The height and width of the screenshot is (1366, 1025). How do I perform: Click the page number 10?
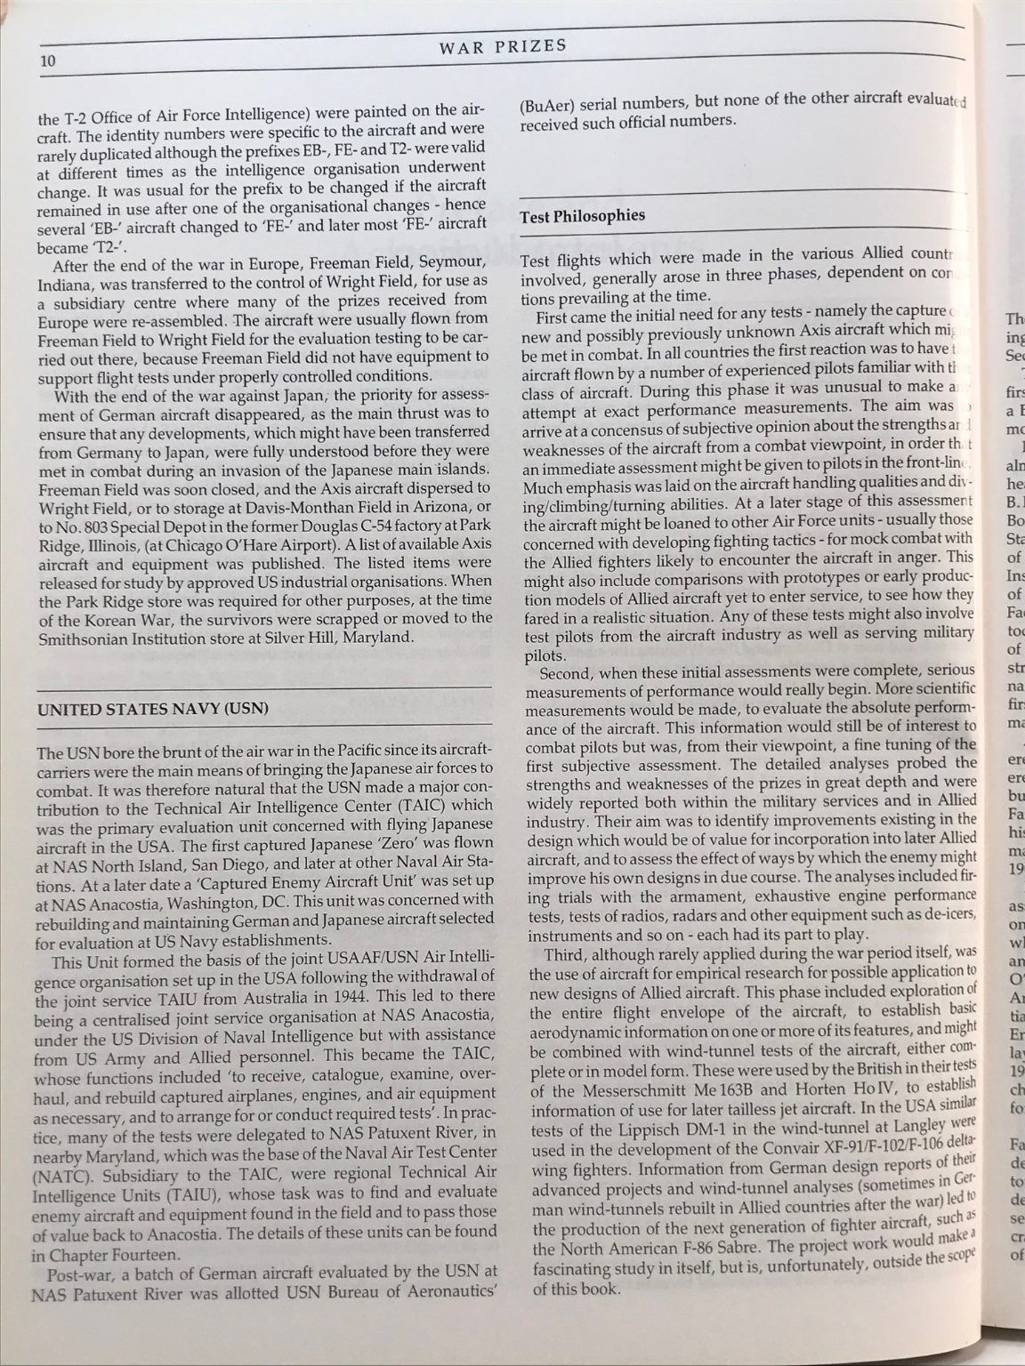(47, 61)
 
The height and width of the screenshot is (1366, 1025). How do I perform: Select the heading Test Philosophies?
(582, 215)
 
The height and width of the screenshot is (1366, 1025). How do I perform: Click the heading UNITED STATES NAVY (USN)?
(152, 708)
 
